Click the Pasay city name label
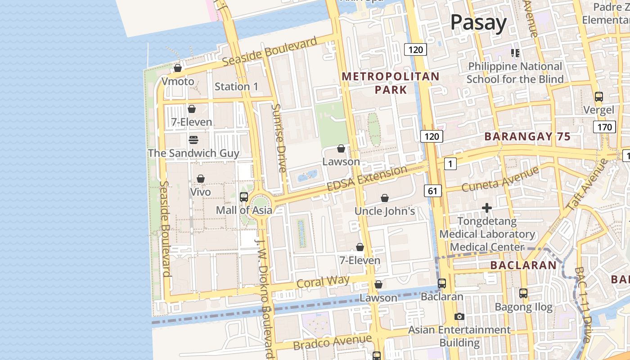(478, 22)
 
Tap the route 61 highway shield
(432, 191)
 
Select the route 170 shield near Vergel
(604, 127)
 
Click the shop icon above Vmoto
(178, 68)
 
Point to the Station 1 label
(236, 86)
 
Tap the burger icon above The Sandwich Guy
(193, 139)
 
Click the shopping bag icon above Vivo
(201, 179)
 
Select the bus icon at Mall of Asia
(243, 197)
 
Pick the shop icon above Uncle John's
(385, 198)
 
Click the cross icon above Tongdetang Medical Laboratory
(486, 208)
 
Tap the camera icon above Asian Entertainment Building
(459, 316)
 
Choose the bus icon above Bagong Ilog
(523, 293)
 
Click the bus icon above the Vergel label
(598, 96)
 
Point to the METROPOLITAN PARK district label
(390, 83)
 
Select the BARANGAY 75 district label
(527, 137)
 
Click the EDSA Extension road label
(367, 179)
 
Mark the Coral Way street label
(323, 282)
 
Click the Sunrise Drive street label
(279, 138)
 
